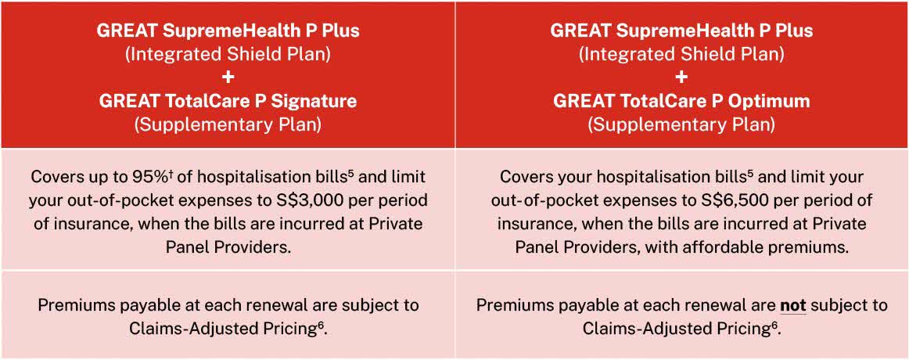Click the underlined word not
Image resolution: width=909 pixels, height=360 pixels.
[793, 305]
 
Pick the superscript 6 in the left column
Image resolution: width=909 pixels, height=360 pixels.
[321, 325]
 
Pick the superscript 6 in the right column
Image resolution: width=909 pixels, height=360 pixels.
[775, 325]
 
